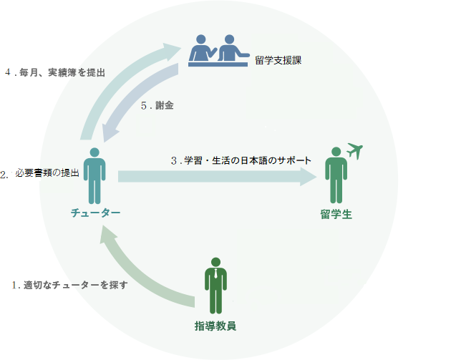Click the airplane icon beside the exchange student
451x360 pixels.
[355, 150]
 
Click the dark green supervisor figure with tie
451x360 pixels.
[214, 286]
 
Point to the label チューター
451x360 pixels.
[95, 213]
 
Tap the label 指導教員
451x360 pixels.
[215, 326]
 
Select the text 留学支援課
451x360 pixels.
[278, 61]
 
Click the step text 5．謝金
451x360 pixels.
[157, 105]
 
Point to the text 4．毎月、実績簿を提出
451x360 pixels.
[55, 72]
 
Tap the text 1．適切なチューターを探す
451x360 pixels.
[69, 285]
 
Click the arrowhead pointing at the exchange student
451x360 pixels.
[309, 176]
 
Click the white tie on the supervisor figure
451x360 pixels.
[214, 274]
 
